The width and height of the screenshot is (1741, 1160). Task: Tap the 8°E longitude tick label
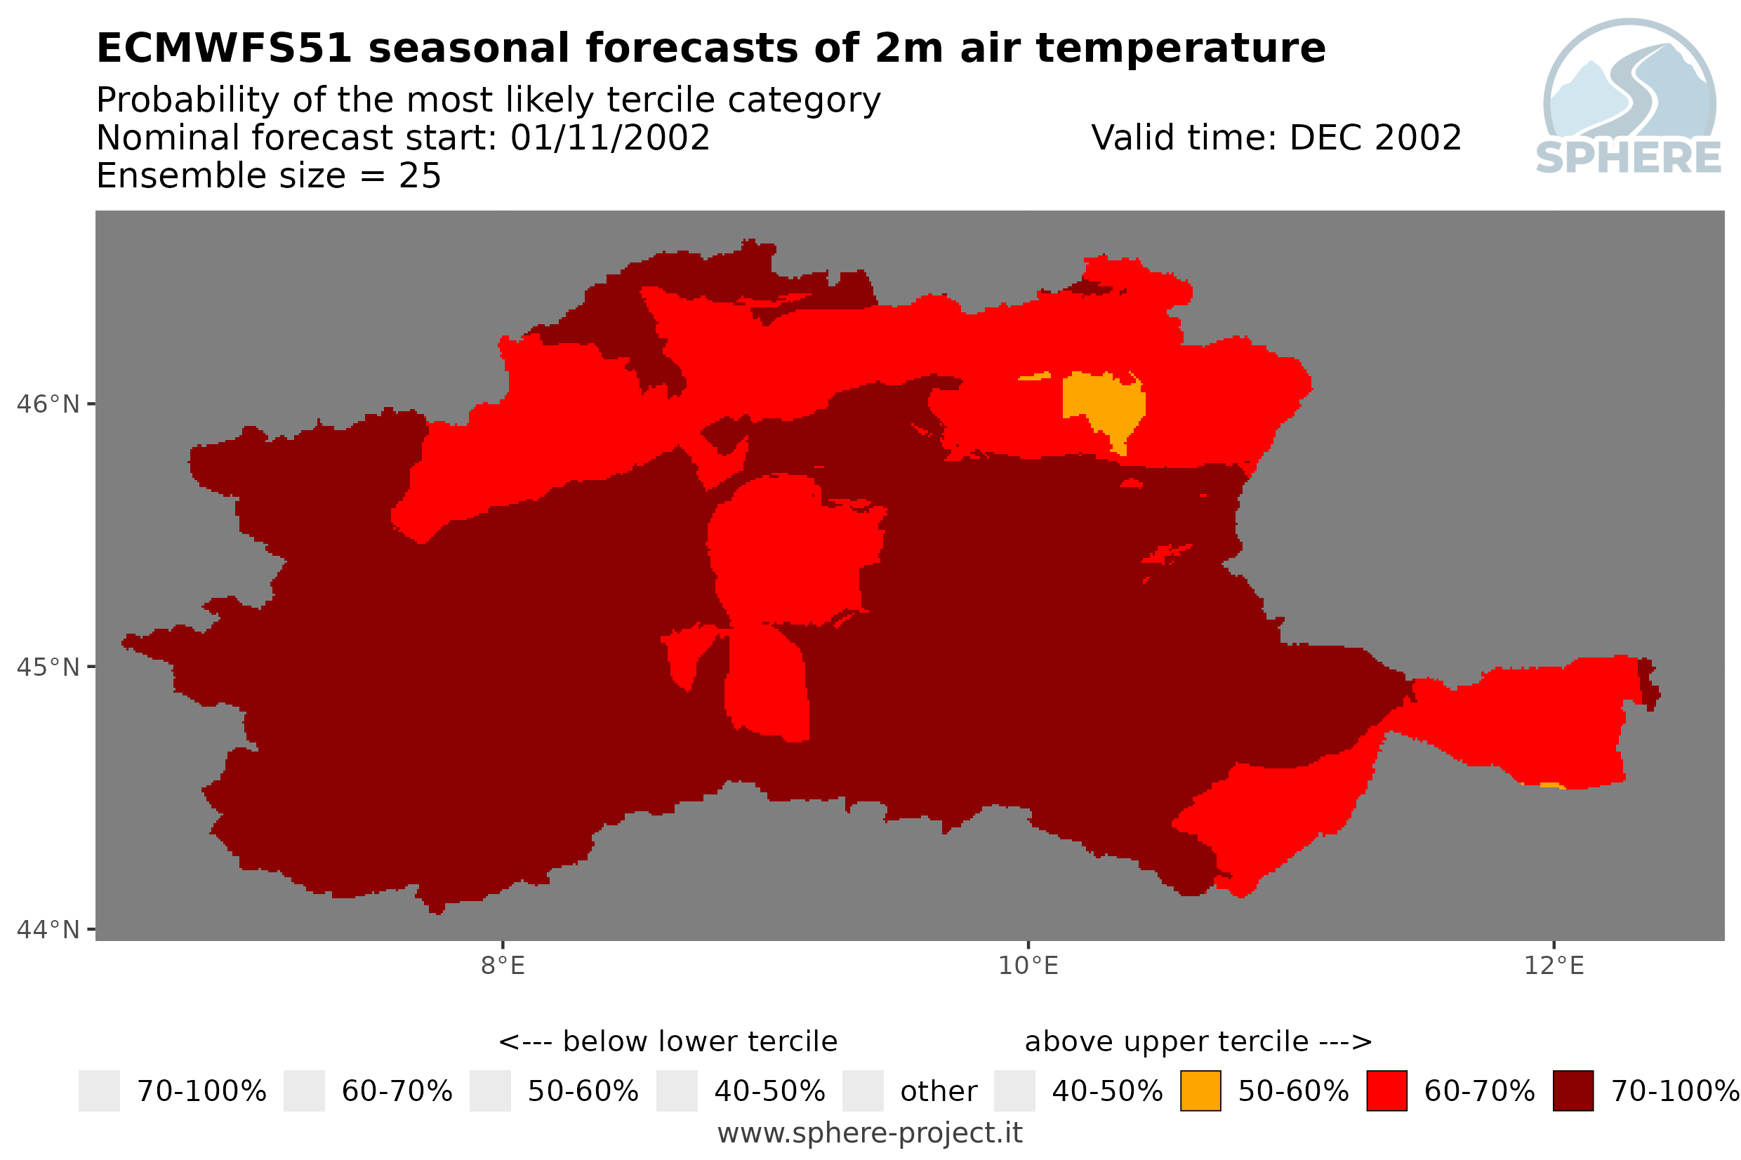(x=503, y=966)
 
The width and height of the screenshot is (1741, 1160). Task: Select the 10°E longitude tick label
(x=1028, y=966)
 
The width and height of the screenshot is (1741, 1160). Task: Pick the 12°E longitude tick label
(x=1554, y=966)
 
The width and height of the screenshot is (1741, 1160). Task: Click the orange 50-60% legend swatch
(x=1201, y=1091)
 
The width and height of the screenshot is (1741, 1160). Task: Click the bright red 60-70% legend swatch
(x=1386, y=1091)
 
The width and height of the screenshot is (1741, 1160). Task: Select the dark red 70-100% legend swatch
(x=1573, y=1091)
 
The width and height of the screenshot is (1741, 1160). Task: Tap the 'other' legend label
(x=938, y=1091)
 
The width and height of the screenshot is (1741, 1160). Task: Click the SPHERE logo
(x=1629, y=98)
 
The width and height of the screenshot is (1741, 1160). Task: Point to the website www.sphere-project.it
(x=870, y=1133)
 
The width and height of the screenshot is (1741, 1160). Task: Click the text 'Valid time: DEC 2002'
(x=1276, y=138)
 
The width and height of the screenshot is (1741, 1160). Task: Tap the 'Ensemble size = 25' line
(x=269, y=176)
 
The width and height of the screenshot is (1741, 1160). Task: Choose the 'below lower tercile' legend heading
(x=700, y=1041)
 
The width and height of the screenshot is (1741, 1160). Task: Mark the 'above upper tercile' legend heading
(x=1167, y=1041)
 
